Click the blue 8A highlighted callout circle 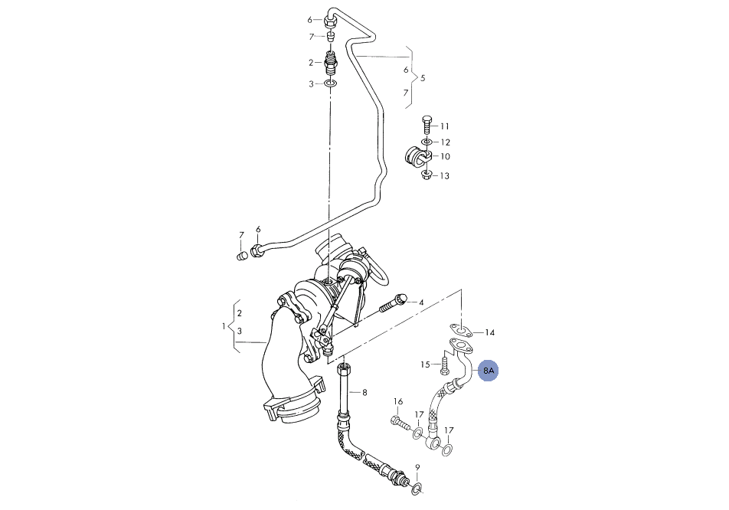[489, 371]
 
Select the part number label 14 [489, 332]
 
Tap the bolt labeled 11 [427, 125]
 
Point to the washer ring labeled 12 [427, 142]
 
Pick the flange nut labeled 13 [426, 175]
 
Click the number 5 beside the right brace [423, 78]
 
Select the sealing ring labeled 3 [330, 84]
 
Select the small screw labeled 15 [444, 364]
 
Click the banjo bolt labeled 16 [400, 423]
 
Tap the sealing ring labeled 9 [417, 487]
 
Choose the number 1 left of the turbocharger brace [224, 326]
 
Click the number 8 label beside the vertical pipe [364, 393]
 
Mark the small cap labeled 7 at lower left [241, 256]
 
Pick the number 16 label [398, 402]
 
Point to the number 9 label [417, 467]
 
